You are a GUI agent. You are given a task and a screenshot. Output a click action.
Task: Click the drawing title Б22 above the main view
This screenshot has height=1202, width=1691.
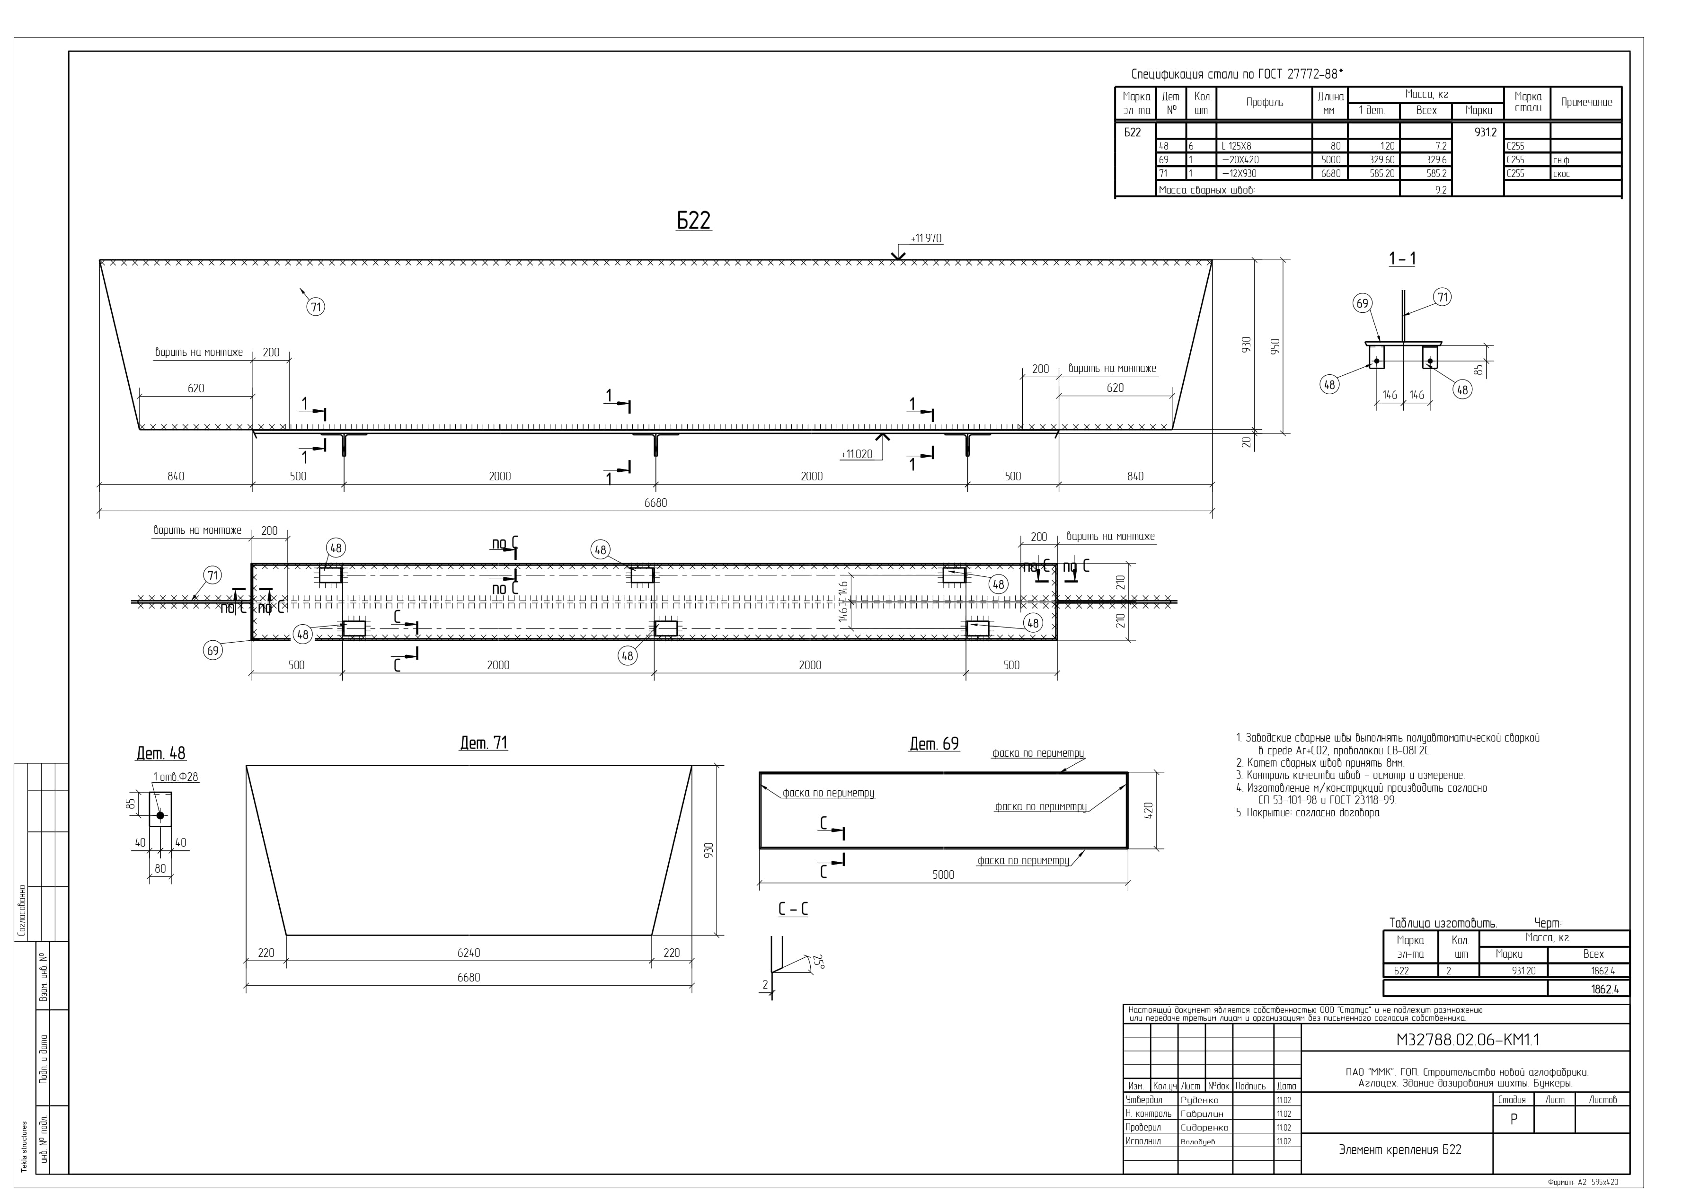(693, 220)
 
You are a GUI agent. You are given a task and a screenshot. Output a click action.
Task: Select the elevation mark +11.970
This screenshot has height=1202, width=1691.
(927, 239)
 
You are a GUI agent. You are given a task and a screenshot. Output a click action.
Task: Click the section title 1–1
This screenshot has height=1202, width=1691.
(1402, 259)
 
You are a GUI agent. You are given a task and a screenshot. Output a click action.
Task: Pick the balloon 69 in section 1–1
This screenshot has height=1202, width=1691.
(1363, 303)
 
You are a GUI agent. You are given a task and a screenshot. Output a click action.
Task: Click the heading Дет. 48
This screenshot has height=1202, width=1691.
(160, 753)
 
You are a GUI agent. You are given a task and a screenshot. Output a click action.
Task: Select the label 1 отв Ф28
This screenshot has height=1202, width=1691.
(176, 777)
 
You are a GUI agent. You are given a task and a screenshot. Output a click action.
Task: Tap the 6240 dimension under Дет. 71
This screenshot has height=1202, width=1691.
(469, 953)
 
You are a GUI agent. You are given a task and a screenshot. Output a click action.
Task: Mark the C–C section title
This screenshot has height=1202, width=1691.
(793, 909)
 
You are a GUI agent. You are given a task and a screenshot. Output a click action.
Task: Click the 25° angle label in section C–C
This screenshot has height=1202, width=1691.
(818, 962)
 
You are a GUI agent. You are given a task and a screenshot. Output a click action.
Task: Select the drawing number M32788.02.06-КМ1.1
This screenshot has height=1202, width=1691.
(1468, 1040)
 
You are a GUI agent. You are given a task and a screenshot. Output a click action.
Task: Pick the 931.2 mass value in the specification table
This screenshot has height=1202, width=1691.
(1485, 133)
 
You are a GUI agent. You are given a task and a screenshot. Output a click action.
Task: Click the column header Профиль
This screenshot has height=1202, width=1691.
(1265, 102)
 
